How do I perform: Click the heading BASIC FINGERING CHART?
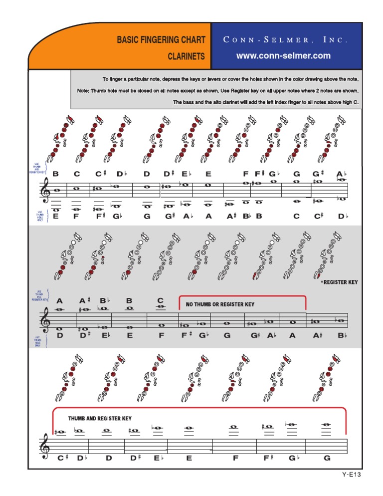tap(161, 39)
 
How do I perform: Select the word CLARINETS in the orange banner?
tap(186, 57)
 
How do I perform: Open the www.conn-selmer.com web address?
tap(283, 56)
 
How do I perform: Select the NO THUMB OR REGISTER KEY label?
tap(220, 304)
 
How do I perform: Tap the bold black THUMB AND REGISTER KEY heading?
tap(100, 418)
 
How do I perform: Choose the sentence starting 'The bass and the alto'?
tap(266, 102)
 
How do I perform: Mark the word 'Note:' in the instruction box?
tap(83, 91)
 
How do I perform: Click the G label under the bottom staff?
tap(327, 458)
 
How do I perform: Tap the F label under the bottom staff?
tap(235, 458)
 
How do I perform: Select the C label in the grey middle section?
tap(160, 300)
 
